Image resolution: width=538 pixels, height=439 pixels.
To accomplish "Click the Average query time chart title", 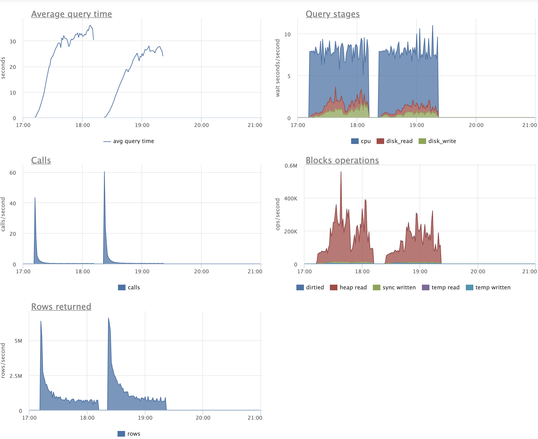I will point(71,14).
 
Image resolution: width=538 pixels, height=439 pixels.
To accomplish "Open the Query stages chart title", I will point(332,14).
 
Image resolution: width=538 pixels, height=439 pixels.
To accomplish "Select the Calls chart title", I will point(41,160).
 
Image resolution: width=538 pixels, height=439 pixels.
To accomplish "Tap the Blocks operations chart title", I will point(342,160).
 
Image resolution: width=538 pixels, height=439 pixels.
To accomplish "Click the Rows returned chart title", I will point(61,307).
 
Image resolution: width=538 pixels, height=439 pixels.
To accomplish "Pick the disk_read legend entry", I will point(395,141).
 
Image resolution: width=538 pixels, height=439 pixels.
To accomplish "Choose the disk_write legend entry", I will point(437,141).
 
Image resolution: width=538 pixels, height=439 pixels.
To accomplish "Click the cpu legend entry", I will point(361,141).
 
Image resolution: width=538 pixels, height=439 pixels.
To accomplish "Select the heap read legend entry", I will point(348,287).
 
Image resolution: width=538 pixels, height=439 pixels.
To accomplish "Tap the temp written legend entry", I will point(488,287).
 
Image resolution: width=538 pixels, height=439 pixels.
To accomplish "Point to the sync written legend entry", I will point(394,287).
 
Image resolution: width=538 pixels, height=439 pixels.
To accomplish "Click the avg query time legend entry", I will point(129,141).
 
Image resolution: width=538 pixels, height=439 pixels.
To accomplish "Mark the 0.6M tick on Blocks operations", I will point(291,166).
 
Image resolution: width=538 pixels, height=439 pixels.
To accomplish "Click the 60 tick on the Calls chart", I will point(13,173).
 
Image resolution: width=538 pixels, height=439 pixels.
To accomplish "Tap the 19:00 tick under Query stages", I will point(417,125).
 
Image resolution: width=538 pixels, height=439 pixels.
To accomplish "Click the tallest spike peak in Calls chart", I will point(104,172).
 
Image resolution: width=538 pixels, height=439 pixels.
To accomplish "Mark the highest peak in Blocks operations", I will point(341,172).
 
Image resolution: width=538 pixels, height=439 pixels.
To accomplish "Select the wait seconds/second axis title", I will point(277,68).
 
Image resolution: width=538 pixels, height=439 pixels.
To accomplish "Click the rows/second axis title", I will point(3,360).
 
